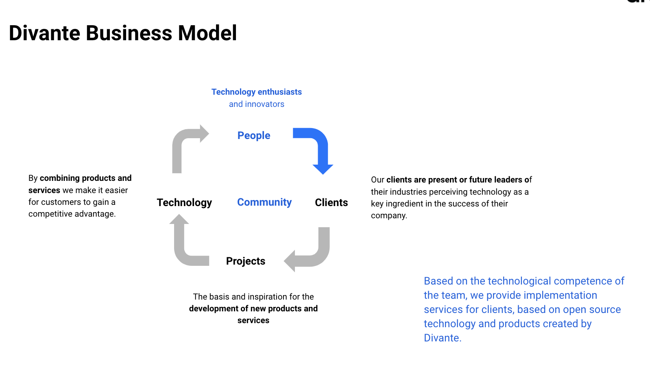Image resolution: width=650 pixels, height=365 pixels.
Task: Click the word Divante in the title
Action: (x=44, y=33)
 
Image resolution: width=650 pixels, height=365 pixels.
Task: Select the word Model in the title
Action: (x=207, y=33)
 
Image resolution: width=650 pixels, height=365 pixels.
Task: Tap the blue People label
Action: (x=254, y=136)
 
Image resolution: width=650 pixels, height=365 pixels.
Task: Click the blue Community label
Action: (x=264, y=202)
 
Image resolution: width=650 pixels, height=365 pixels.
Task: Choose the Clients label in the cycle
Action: (x=331, y=202)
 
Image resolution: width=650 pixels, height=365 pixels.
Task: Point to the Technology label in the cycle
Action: (x=184, y=202)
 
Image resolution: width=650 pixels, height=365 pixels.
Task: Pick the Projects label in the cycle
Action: (x=246, y=261)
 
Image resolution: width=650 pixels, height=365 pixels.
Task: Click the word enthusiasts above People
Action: (x=279, y=92)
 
